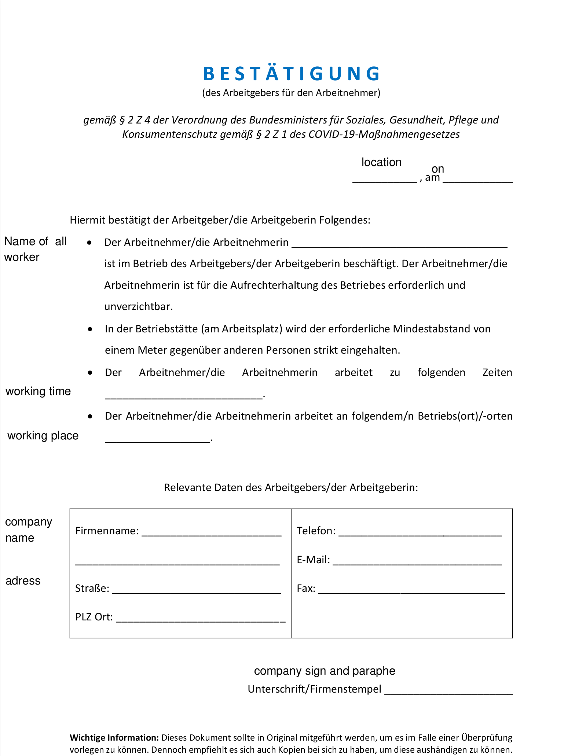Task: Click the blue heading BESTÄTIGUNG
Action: point(292,74)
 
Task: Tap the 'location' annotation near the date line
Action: point(381,162)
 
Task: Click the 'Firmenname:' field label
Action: point(107,531)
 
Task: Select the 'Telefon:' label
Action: point(316,531)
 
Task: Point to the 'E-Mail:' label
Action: point(313,560)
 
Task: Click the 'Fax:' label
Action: point(306,589)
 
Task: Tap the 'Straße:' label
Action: point(92,589)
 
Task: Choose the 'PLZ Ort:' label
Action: point(94,617)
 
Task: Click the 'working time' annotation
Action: point(38,391)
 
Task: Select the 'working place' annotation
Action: point(43,436)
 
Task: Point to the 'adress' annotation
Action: point(23,581)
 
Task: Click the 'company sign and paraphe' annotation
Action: point(325,671)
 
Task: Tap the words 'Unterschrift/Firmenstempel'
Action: point(314,689)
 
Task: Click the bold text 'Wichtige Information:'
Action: point(114,738)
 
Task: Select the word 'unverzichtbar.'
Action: point(138,307)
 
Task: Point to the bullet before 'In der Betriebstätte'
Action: point(90,329)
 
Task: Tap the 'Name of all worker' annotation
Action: point(35,249)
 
